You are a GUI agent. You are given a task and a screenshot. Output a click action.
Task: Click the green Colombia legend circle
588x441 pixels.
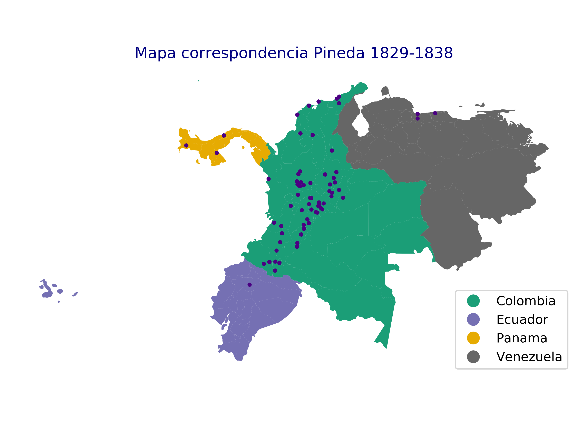click(473, 301)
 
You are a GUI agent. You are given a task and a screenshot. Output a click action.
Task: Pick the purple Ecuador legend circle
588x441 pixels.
click(473, 320)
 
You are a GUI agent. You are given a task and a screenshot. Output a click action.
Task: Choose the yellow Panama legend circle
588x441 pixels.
click(473, 338)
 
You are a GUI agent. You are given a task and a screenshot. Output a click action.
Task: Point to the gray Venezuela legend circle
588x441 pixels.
click(473, 357)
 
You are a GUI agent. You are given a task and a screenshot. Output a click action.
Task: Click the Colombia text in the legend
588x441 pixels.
click(526, 301)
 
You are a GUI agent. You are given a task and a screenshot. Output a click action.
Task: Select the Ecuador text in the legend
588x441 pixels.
click(522, 320)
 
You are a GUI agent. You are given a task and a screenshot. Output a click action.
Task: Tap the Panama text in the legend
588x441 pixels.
click(522, 338)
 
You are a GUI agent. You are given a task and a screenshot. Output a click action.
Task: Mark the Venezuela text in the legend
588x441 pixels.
click(529, 357)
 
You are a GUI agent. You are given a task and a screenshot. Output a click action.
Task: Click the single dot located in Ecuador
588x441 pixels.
click(249, 285)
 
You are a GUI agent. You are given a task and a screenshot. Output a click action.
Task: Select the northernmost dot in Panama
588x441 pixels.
click(224, 136)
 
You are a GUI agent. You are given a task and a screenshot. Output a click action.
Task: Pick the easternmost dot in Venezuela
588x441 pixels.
click(435, 113)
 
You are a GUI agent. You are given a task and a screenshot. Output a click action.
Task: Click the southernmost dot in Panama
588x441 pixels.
click(217, 153)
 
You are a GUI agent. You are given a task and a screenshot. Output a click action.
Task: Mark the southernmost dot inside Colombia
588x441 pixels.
click(275, 271)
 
